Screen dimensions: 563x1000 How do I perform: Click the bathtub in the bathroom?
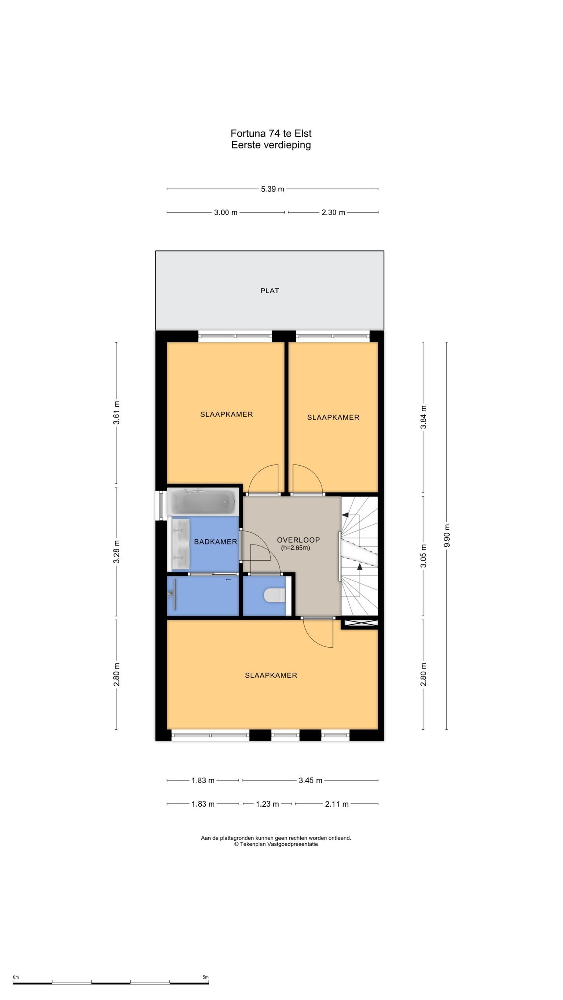[x=203, y=502]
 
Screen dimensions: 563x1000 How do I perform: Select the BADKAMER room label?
[x=215, y=542]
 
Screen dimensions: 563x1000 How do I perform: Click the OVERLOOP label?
[x=298, y=540]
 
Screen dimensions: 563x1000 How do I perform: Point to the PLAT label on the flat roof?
[x=270, y=291]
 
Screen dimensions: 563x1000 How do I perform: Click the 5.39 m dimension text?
[x=273, y=189]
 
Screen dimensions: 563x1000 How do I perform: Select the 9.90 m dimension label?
[x=447, y=536]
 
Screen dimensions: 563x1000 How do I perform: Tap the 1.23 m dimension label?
[x=267, y=804]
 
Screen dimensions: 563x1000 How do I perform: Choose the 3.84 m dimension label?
[x=423, y=417]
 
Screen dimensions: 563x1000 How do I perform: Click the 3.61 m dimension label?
[x=116, y=412]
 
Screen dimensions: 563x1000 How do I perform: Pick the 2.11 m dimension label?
[x=337, y=804]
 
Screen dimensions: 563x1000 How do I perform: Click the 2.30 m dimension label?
[x=333, y=212]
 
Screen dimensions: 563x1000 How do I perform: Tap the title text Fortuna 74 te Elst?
[x=271, y=134]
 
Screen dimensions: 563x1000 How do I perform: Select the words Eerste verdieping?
[x=271, y=145]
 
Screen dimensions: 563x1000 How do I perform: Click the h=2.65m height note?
[x=296, y=548]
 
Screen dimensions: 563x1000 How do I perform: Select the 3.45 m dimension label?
[x=310, y=780]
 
